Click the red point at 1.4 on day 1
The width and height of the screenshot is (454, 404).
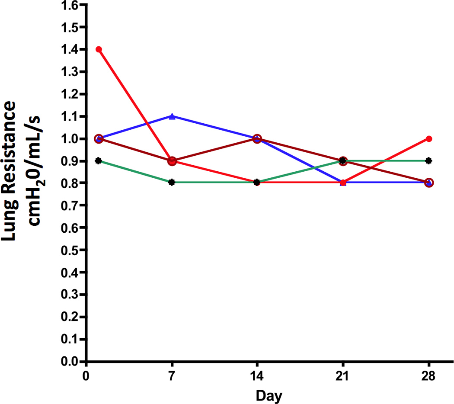(x=99, y=49)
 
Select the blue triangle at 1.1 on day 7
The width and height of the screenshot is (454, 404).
(x=172, y=116)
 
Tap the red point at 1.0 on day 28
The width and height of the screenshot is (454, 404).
(x=429, y=139)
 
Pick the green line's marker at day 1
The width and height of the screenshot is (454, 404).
(x=99, y=161)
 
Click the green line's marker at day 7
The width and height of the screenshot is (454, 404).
(x=172, y=183)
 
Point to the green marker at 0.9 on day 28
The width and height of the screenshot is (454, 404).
(x=429, y=161)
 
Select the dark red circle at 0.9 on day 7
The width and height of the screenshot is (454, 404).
(x=172, y=161)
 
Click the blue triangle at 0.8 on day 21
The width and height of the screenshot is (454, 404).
(x=344, y=183)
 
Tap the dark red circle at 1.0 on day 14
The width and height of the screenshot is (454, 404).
(x=257, y=139)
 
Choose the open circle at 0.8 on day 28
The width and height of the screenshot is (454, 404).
(x=429, y=183)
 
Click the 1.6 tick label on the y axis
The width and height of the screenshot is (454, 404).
(x=70, y=5)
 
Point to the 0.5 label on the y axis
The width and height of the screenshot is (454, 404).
(x=70, y=250)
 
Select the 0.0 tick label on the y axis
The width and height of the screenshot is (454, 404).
(x=70, y=361)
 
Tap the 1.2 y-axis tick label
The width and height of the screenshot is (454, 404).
(x=70, y=94)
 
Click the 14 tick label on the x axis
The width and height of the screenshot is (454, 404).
(x=257, y=377)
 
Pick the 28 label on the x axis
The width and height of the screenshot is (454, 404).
(x=429, y=377)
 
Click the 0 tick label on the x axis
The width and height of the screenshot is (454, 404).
(x=87, y=377)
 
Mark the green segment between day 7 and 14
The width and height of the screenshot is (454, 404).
(x=215, y=183)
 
